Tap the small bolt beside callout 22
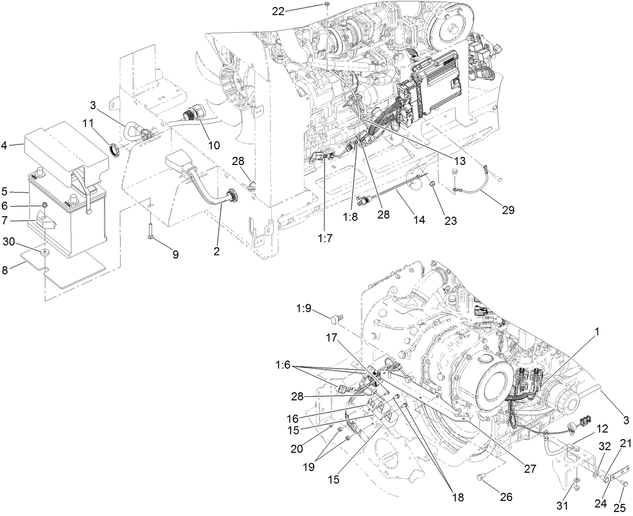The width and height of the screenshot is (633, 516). click(327, 5)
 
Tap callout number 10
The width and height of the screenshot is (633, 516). click(214, 146)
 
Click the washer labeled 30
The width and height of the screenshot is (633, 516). click(46, 251)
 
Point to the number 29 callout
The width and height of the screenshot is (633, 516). click(508, 210)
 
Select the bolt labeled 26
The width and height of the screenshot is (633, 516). click(481, 477)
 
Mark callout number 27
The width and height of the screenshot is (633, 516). click(529, 469)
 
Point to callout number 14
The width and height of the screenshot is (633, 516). click(419, 220)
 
